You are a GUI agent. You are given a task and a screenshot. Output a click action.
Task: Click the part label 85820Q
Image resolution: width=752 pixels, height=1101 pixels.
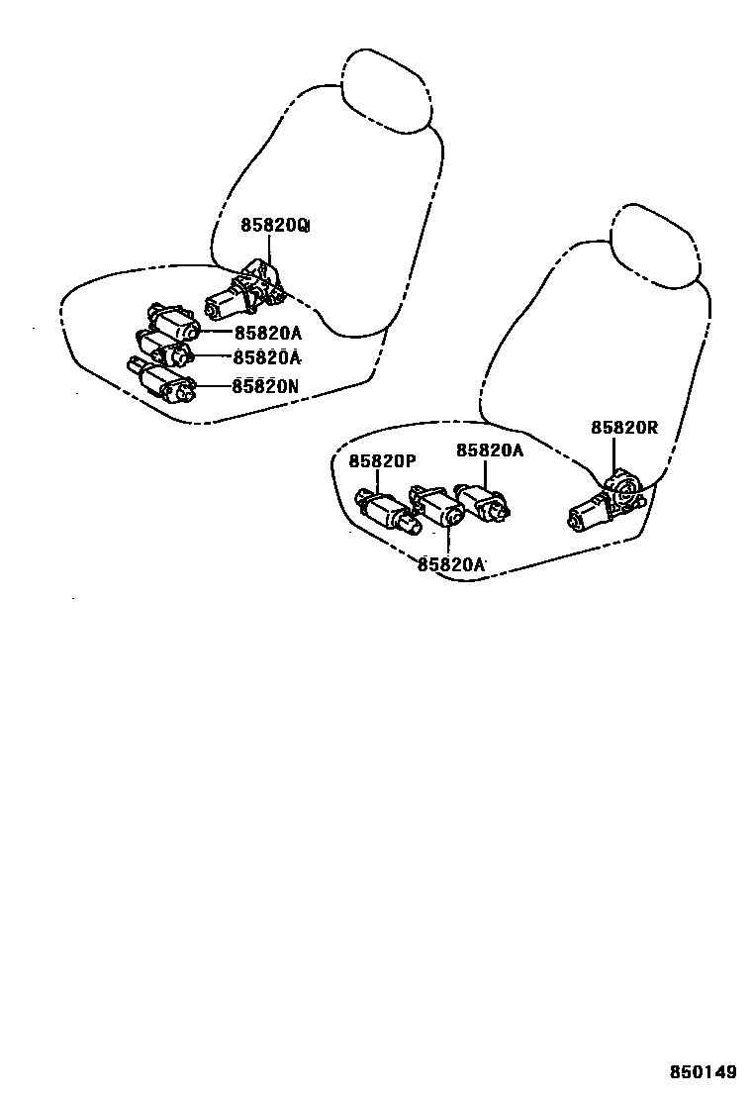pyautogui.click(x=274, y=226)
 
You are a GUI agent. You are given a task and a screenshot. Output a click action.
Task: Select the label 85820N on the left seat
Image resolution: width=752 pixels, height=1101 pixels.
pyautogui.click(x=264, y=387)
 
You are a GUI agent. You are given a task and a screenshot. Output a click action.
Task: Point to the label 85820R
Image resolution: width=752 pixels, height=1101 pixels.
pyautogui.click(x=624, y=428)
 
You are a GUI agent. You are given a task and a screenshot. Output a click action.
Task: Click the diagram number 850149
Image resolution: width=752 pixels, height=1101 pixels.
pyautogui.click(x=704, y=1072)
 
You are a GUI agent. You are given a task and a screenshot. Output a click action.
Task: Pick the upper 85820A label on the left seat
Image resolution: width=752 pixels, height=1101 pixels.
pyautogui.click(x=266, y=333)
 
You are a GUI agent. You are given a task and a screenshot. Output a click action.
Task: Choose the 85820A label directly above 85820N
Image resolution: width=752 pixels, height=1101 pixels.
pyautogui.click(x=266, y=358)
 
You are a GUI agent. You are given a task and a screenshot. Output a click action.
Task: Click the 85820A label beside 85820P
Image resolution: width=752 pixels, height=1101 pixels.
pyautogui.click(x=490, y=450)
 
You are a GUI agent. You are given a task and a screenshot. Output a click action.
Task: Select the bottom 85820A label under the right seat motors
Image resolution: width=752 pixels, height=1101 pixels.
pyautogui.click(x=451, y=564)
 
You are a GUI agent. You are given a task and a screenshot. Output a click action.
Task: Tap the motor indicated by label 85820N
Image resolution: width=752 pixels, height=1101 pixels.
pyautogui.click(x=163, y=381)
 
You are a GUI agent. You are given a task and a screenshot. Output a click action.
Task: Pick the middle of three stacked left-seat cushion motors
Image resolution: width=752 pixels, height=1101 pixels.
pyautogui.click(x=163, y=350)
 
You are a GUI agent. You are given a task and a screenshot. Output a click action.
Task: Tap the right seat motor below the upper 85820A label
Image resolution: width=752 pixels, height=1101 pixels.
pyautogui.click(x=485, y=502)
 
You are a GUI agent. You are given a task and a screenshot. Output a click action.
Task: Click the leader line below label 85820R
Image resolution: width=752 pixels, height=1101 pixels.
pyautogui.click(x=613, y=452)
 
